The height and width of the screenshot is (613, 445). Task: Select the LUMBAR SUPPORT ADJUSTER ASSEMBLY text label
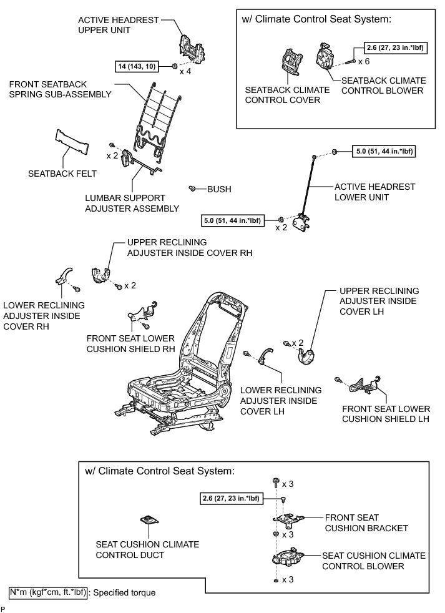pyautogui.click(x=132, y=203)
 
